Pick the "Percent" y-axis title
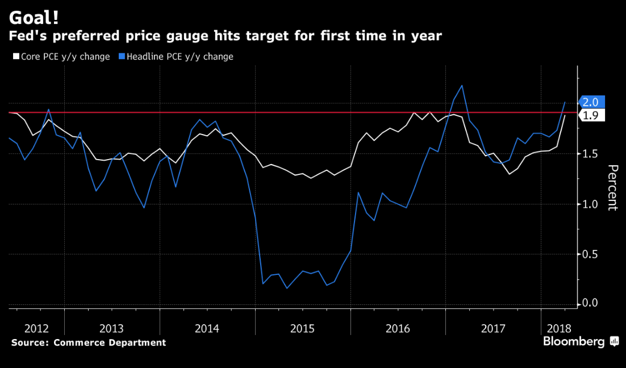coord(612,187)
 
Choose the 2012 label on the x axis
coord(37,328)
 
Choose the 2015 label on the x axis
coord(303,328)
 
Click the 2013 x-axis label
coord(111,328)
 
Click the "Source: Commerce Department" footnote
coord(89,342)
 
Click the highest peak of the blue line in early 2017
coord(462,86)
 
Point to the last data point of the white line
coord(565,115)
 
